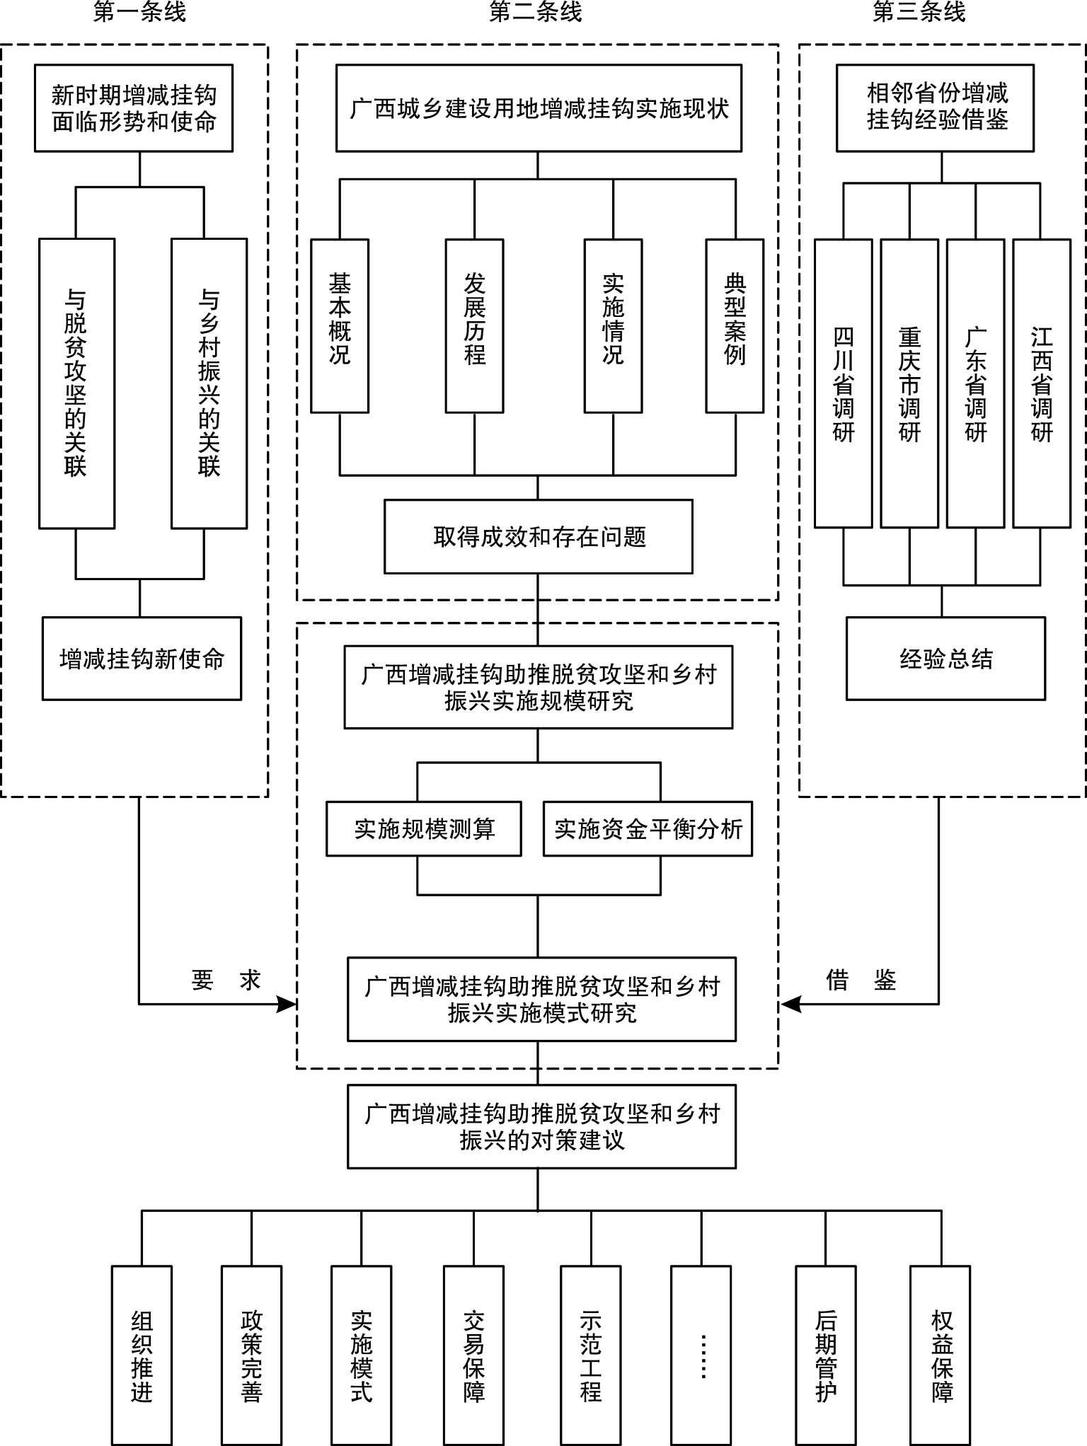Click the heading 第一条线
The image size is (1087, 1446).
(x=139, y=12)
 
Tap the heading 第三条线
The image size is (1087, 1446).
(x=919, y=12)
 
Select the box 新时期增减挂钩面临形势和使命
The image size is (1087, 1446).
(x=134, y=108)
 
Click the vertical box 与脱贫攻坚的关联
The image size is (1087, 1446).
(x=76, y=383)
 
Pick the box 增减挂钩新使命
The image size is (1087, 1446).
(x=142, y=659)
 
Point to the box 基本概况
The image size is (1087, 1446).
(x=340, y=325)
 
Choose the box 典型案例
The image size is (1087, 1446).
(x=735, y=325)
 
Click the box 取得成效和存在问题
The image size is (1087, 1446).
(x=539, y=537)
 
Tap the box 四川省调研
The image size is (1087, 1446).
(x=843, y=383)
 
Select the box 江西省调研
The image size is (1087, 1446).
(x=1042, y=383)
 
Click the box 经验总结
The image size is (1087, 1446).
(x=946, y=659)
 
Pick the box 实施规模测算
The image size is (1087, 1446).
(x=424, y=828)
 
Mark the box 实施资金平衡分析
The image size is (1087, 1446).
(x=648, y=828)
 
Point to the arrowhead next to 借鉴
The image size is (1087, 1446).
(x=790, y=1004)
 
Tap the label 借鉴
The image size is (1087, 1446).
(x=861, y=980)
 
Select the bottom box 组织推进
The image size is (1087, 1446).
(x=142, y=1355)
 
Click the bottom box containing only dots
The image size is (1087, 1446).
(x=701, y=1355)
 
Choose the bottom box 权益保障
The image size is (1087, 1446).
(x=940, y=1355)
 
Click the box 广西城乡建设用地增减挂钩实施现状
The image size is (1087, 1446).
(x=539, y=108)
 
